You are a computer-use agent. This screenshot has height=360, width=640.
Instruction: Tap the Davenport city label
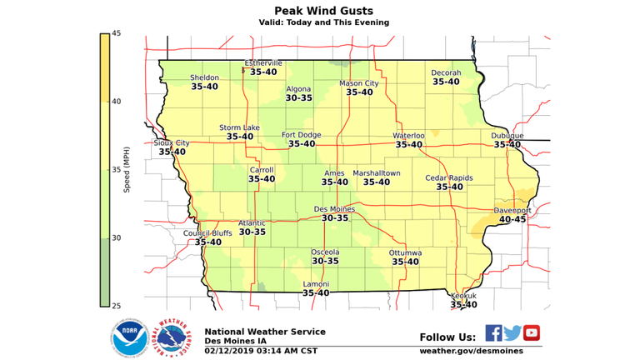512,211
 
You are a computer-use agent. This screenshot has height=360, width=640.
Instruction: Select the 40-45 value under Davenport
512,220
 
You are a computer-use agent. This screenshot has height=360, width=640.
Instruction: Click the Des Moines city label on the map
334,209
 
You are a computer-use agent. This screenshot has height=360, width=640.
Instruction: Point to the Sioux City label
172,143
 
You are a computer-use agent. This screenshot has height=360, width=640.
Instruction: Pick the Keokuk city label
463,296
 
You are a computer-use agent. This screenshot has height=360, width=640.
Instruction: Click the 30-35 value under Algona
298,98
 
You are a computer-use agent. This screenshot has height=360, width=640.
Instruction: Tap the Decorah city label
446,73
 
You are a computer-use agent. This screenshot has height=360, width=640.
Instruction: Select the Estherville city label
263,63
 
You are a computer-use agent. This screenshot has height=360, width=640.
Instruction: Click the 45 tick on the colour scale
117,33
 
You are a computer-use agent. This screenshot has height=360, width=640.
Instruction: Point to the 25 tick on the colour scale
117,305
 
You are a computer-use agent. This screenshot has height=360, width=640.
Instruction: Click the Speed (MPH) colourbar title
127,169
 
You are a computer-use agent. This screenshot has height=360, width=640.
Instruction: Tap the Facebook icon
493,333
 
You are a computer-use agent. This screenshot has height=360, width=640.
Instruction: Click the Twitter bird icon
512,333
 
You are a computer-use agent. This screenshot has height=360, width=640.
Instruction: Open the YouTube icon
531,333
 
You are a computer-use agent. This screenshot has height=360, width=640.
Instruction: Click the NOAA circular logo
129,337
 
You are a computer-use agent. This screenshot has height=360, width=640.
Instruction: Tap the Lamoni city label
315,284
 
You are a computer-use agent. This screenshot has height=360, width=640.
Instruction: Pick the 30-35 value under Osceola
325,261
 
